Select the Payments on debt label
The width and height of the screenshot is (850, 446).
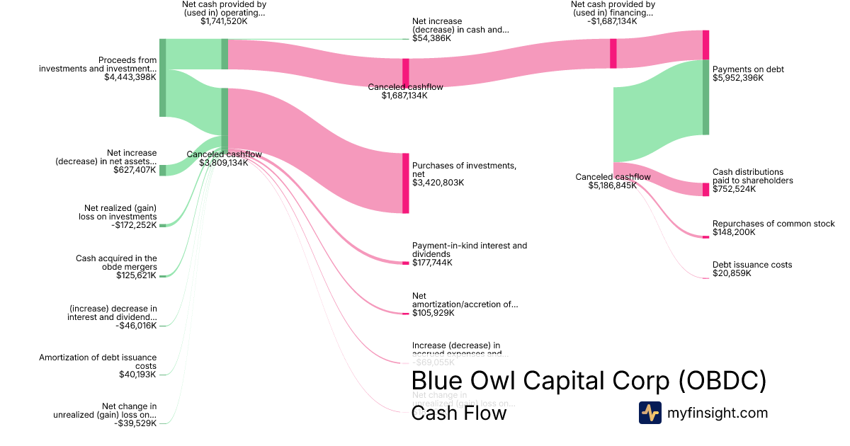click(x=748, y=69)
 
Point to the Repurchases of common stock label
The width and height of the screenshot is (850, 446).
click(x=773, y=224)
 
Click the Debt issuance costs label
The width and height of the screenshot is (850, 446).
click(x=752, y=265)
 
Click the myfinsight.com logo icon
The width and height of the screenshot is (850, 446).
click(x=650, y=413)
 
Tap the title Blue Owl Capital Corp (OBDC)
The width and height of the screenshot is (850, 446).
click(x=589, y=381)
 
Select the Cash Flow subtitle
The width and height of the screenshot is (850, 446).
click(x=459, y=413)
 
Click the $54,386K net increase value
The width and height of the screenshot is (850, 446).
click(x=431, y=38)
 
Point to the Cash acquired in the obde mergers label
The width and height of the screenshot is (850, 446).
click(x=116, y=263)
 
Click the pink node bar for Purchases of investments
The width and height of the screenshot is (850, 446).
click(x=406, y=183)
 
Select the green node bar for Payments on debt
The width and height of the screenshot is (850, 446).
click(x=705, y=97)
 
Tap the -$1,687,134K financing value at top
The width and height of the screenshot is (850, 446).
click(x=612, y=21)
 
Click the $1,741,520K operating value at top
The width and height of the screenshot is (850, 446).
click(x=224, y=21)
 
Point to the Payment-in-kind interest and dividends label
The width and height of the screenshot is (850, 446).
click(x=469, y=250)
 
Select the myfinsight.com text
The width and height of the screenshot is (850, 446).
click(x=718, y=413)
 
